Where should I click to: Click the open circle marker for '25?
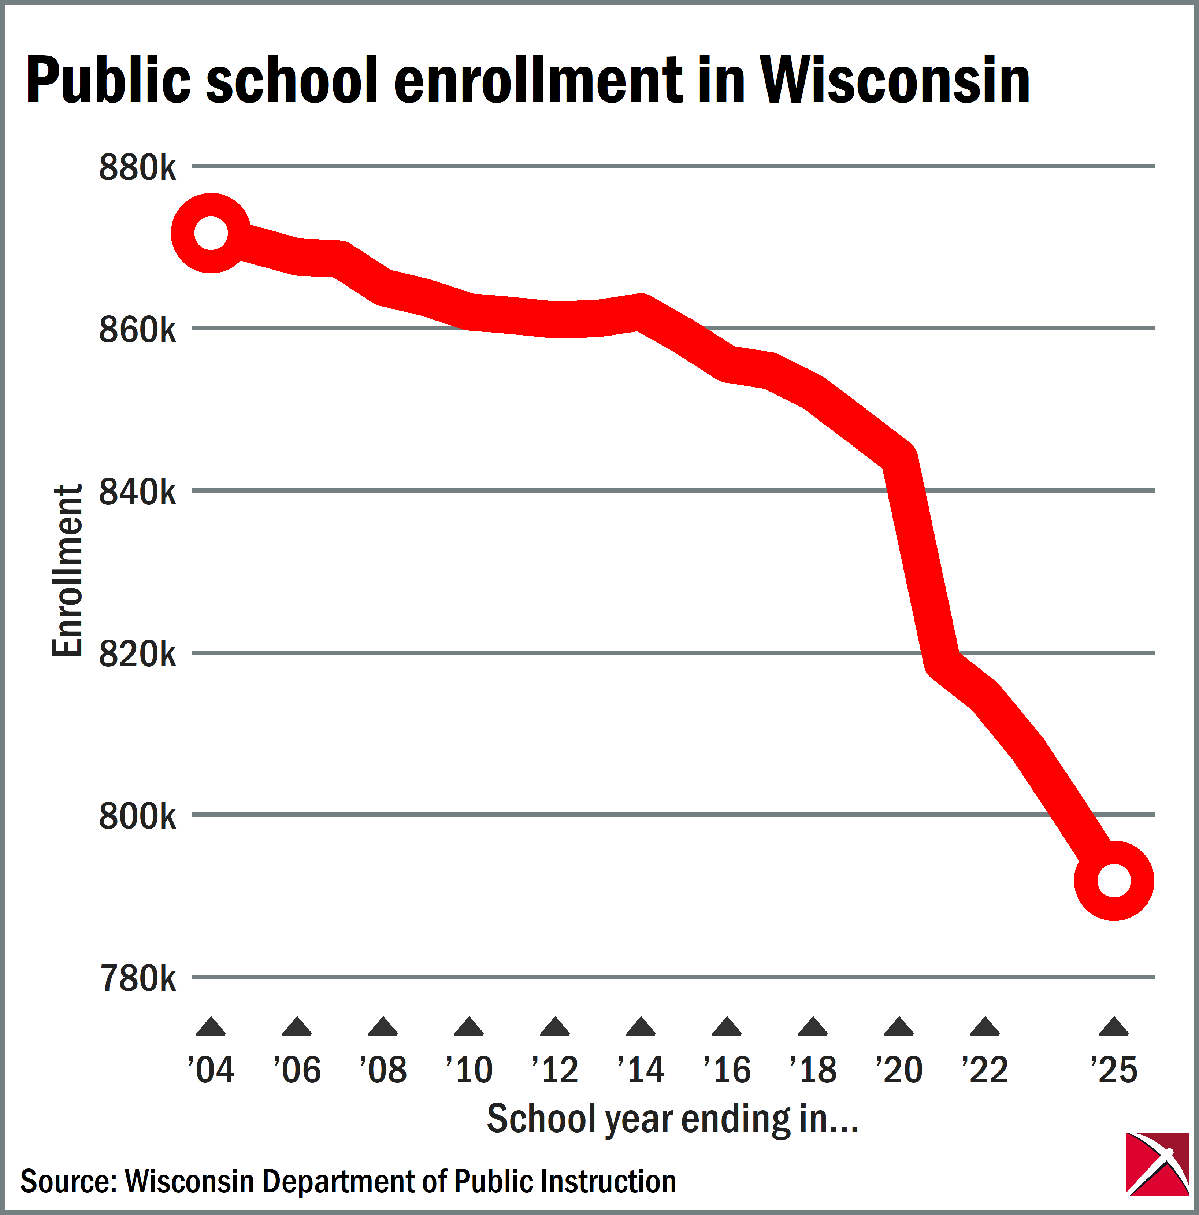point(1114,881)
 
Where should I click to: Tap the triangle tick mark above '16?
point(727,1027)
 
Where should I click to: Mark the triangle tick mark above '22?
point(985,1027)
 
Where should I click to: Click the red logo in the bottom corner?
point(1157,1163)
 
